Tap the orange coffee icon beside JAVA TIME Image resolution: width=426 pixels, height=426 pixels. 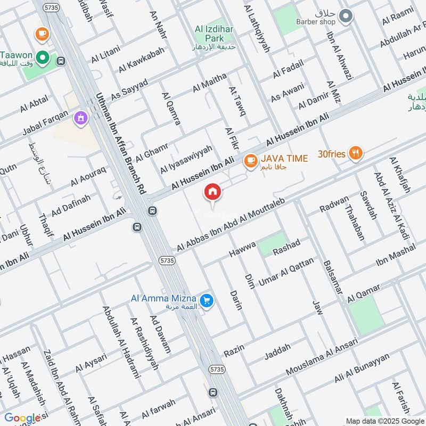[249, 160]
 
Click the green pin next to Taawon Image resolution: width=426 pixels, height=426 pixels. [42, 55]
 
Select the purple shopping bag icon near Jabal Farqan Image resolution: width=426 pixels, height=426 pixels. [80, 117]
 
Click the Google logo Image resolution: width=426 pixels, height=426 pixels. [23, 417]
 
